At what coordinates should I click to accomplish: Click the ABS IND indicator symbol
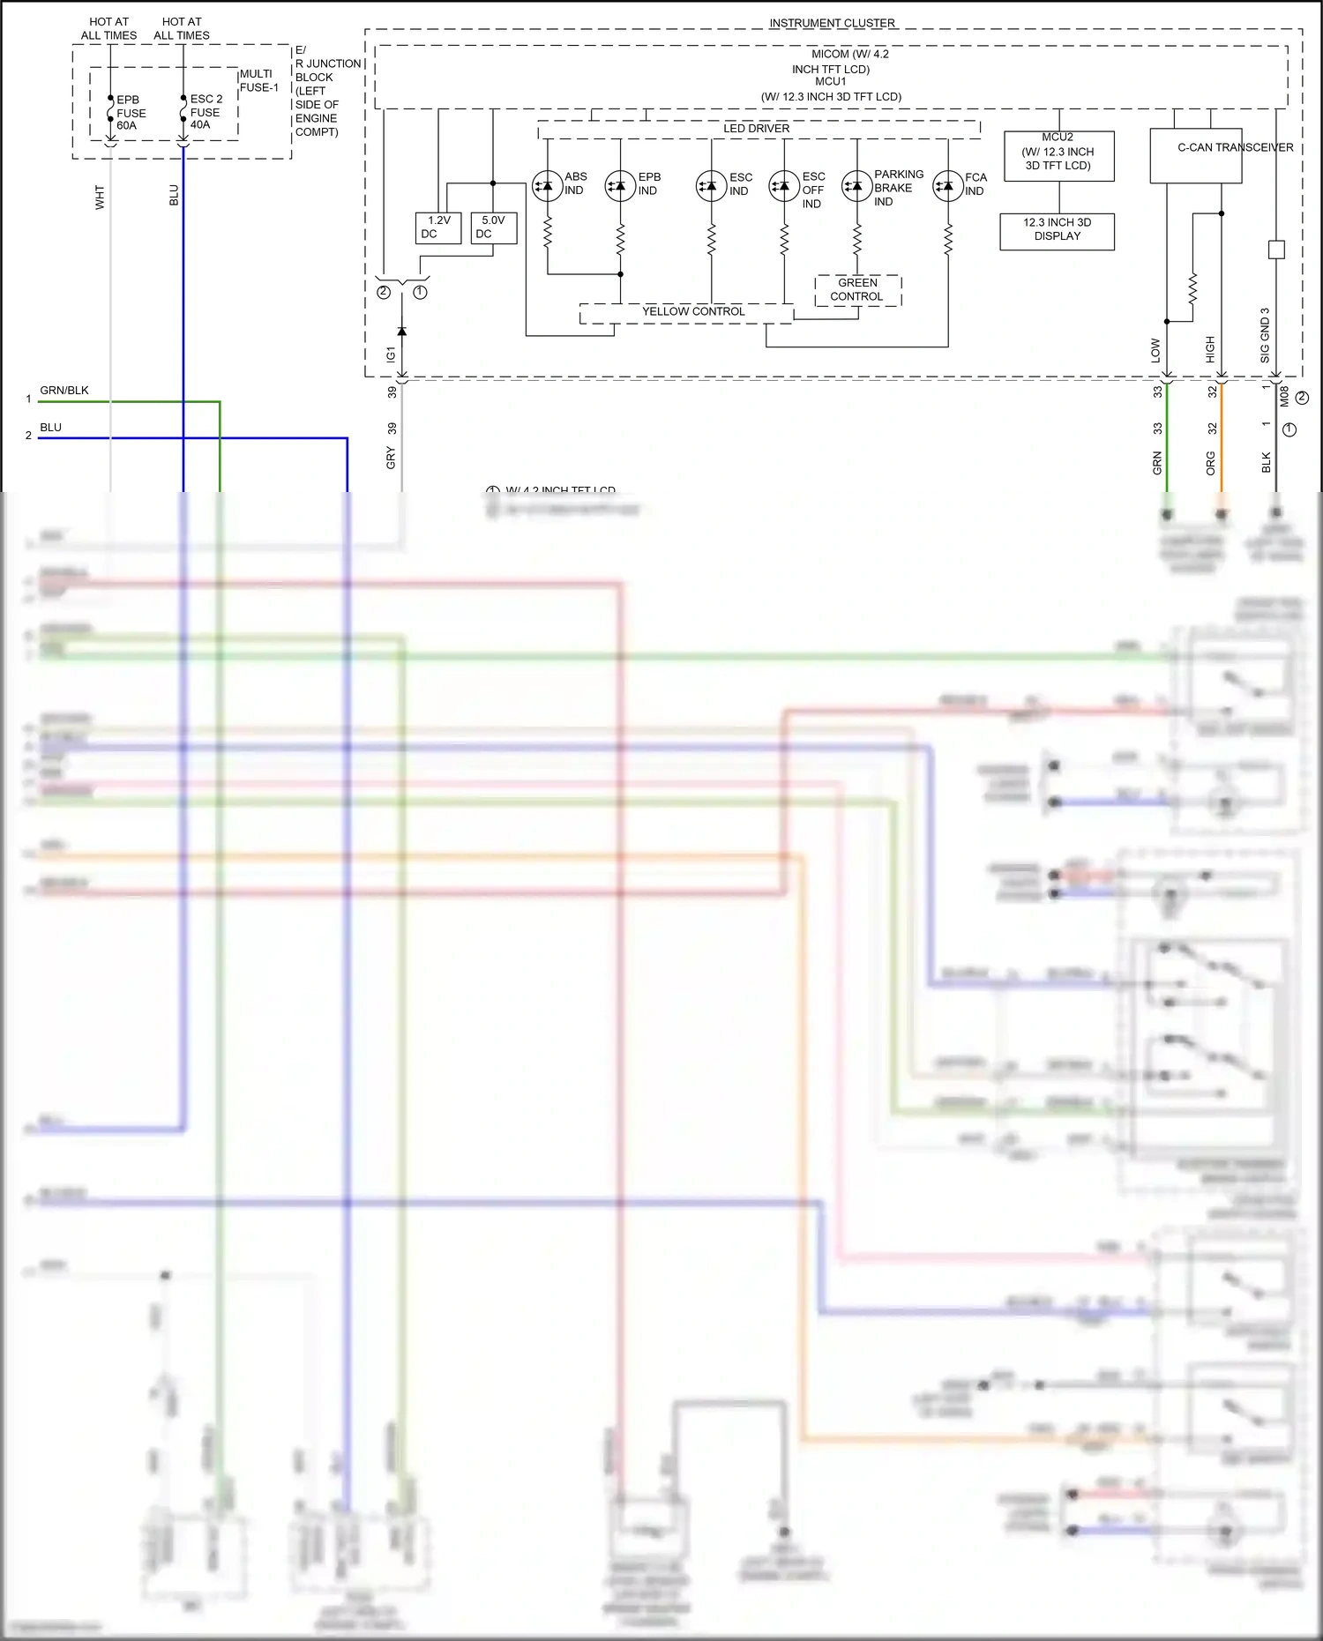(x=548, y=186)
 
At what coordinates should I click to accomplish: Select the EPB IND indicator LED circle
(x=620, y=186)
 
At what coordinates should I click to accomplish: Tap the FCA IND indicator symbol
(x=948, y=186)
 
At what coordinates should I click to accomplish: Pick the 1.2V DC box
(x=438, y=228)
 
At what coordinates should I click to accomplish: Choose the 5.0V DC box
(x=493, y=228)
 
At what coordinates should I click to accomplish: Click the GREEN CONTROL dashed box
(x=857, y=290)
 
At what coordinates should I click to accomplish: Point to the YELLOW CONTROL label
(x=693, y=311)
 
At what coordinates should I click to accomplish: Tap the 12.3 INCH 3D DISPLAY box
(x=1057, y=231)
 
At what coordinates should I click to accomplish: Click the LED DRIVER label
(x=756, y=129)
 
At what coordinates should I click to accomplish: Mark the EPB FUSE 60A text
(x=131, y=113)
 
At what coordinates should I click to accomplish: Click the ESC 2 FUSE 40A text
(x=206, y=112)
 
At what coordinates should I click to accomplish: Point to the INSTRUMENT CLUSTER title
(x=832, y=23)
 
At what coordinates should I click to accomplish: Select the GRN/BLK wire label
(x=64, y=391)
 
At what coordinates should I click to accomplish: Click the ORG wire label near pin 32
(x=1210, y=463)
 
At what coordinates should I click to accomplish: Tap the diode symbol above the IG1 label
(x=402, y=332)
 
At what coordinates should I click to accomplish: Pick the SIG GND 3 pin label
(x=1265, y=335)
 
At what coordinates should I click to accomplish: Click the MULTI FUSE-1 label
(x=258, y=81)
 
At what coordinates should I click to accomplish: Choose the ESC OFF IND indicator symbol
(x=784, y=186)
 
